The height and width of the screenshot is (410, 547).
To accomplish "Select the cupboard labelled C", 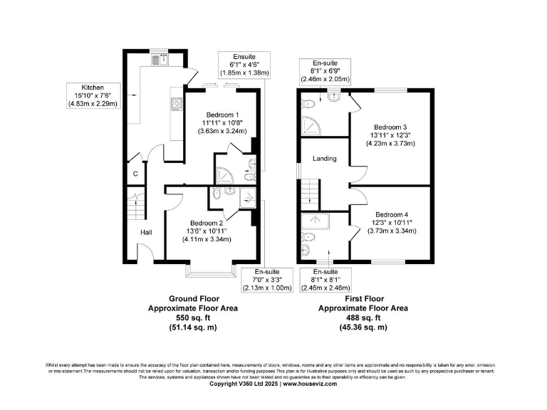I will [x=135, y=173].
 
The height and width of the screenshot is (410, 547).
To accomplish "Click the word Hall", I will [x=145, y=232].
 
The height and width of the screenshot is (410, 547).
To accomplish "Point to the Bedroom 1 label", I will [x=222, y=115].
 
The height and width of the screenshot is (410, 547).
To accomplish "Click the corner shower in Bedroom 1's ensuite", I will [x=223, y=173].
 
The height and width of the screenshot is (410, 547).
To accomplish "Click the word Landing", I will [x=324, y=158].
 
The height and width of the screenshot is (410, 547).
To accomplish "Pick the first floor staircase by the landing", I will [x=308, y=192].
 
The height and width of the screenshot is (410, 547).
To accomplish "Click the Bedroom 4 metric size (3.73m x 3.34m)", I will [x=390, y=230].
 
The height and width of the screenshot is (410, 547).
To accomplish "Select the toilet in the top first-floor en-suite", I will [x=308, y=103].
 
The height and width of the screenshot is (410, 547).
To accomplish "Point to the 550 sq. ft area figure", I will [x=192, y=318].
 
